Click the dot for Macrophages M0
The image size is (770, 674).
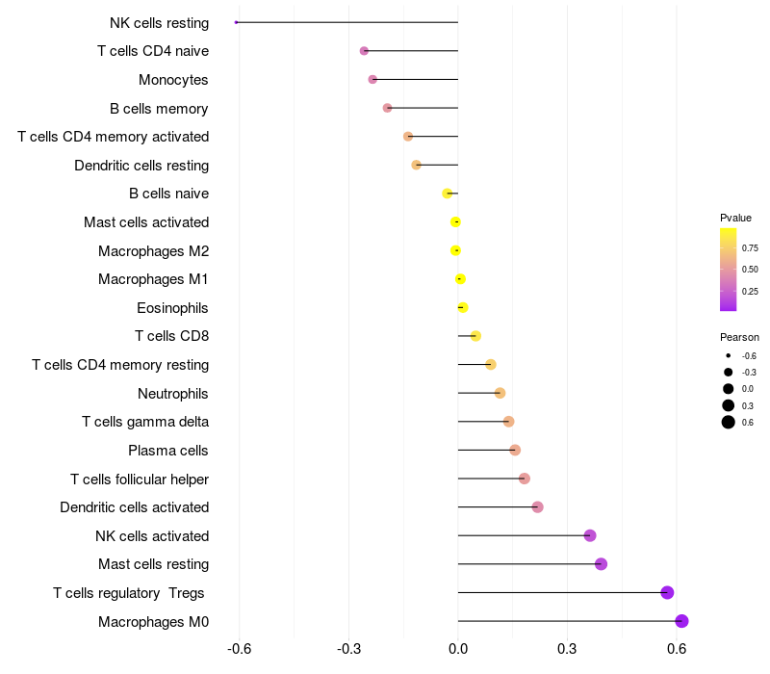681,621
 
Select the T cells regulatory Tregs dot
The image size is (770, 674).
667,592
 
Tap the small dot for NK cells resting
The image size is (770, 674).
236,22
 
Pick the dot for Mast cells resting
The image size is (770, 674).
601,564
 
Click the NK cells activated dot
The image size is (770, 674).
590,535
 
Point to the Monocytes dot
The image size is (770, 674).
372,79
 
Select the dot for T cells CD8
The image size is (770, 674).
475,336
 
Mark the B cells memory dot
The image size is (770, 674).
388,108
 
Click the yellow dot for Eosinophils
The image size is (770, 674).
463,307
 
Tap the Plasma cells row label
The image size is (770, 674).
167,451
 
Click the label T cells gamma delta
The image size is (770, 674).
145,422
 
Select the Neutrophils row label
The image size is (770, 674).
173,394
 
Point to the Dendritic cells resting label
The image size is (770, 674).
141,166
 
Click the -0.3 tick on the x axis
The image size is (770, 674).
348,649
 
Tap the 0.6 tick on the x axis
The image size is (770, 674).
677,649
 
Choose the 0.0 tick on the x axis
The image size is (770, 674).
458,649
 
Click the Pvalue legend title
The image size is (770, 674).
735,218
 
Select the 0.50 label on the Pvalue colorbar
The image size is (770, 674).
750,270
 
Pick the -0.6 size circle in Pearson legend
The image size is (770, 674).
728,355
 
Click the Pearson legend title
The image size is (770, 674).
739,337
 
